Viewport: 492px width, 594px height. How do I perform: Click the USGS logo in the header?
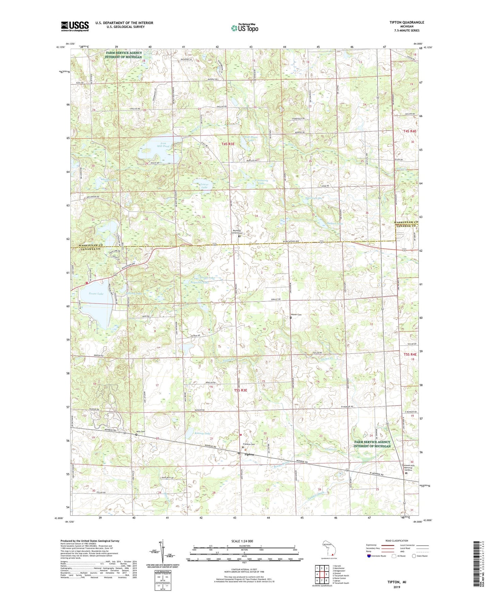tap(75, 26)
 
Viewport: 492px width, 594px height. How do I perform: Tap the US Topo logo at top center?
tap(244, 28)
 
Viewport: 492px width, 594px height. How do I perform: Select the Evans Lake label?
tap(96, 293)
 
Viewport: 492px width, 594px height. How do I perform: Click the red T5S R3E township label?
tap(240, 390)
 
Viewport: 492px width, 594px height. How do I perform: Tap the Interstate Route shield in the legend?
tap(369, 556)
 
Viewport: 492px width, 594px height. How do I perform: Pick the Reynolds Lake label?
tap(199, 282)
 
